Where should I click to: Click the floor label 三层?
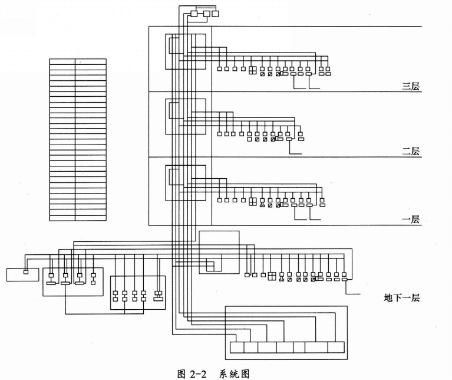click(410, 87)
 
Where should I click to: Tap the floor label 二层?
click(410, 152)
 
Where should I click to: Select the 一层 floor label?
click(410, 220)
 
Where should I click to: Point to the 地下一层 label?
click(401, 298)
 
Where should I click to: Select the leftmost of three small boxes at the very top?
click(195, 14)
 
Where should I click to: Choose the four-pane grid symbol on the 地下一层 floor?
click(272, 276)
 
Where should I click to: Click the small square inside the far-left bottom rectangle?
click(25, 272)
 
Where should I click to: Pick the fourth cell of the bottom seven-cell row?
click(285, 348)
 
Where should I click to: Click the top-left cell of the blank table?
click(62, 61)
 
